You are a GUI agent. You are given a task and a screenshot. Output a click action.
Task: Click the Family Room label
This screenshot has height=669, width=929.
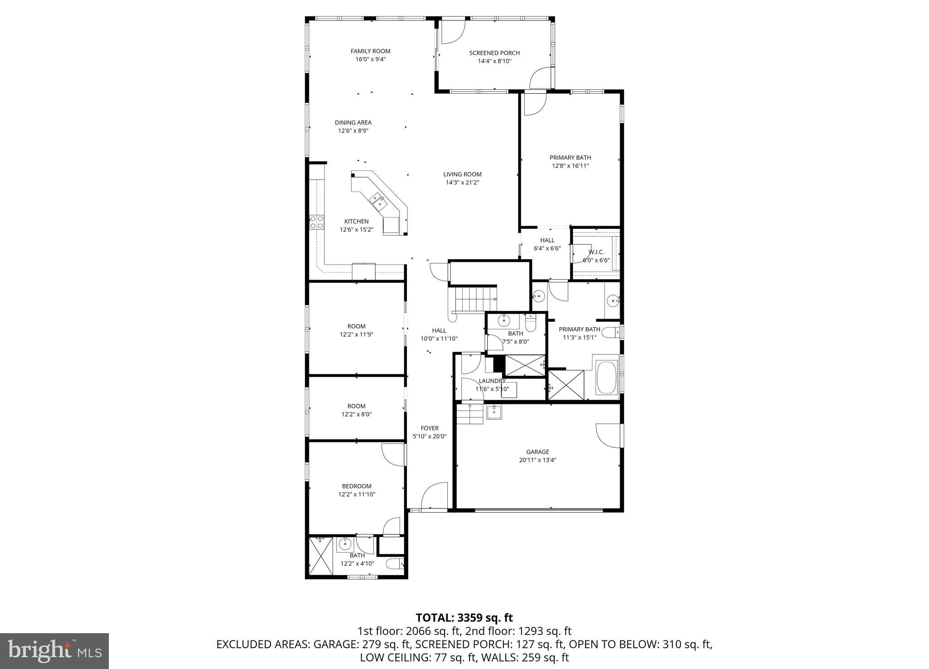click(370, 51)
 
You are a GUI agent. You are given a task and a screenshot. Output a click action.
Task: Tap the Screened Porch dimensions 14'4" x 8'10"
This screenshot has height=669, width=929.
click(494, 61)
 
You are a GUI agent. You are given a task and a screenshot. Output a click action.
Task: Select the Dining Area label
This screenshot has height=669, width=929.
click(353, 122)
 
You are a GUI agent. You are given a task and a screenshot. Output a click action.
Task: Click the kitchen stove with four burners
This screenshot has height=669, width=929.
click(317, 222)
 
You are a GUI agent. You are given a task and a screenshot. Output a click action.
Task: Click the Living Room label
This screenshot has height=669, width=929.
click(462, 175)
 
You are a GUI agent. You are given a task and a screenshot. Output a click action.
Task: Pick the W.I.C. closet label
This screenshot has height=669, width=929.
click(596, 252)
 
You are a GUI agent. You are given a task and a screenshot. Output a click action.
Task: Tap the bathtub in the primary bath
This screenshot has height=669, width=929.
click(606, 378)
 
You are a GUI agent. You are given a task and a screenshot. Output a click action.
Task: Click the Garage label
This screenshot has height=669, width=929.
click(538, 452)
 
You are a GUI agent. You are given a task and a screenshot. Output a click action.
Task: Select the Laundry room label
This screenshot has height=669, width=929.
click(492, 381)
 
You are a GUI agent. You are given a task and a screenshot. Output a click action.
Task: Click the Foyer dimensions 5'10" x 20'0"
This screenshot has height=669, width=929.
click(429, 436)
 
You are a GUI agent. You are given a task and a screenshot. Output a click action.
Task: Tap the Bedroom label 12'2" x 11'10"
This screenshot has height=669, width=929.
click(357, 486)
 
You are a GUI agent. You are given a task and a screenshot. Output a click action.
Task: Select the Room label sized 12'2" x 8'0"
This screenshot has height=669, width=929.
click(357, 406)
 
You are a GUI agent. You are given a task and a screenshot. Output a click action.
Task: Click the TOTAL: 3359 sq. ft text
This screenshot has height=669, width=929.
click(464, 618)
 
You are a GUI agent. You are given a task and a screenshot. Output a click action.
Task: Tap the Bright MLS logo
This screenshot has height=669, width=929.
click(54, 651)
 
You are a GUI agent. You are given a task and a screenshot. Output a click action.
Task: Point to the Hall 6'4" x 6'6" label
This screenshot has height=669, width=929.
click(547, 240)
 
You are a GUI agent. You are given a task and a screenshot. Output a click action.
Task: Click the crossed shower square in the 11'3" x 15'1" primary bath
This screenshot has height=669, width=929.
click(566, 385)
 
